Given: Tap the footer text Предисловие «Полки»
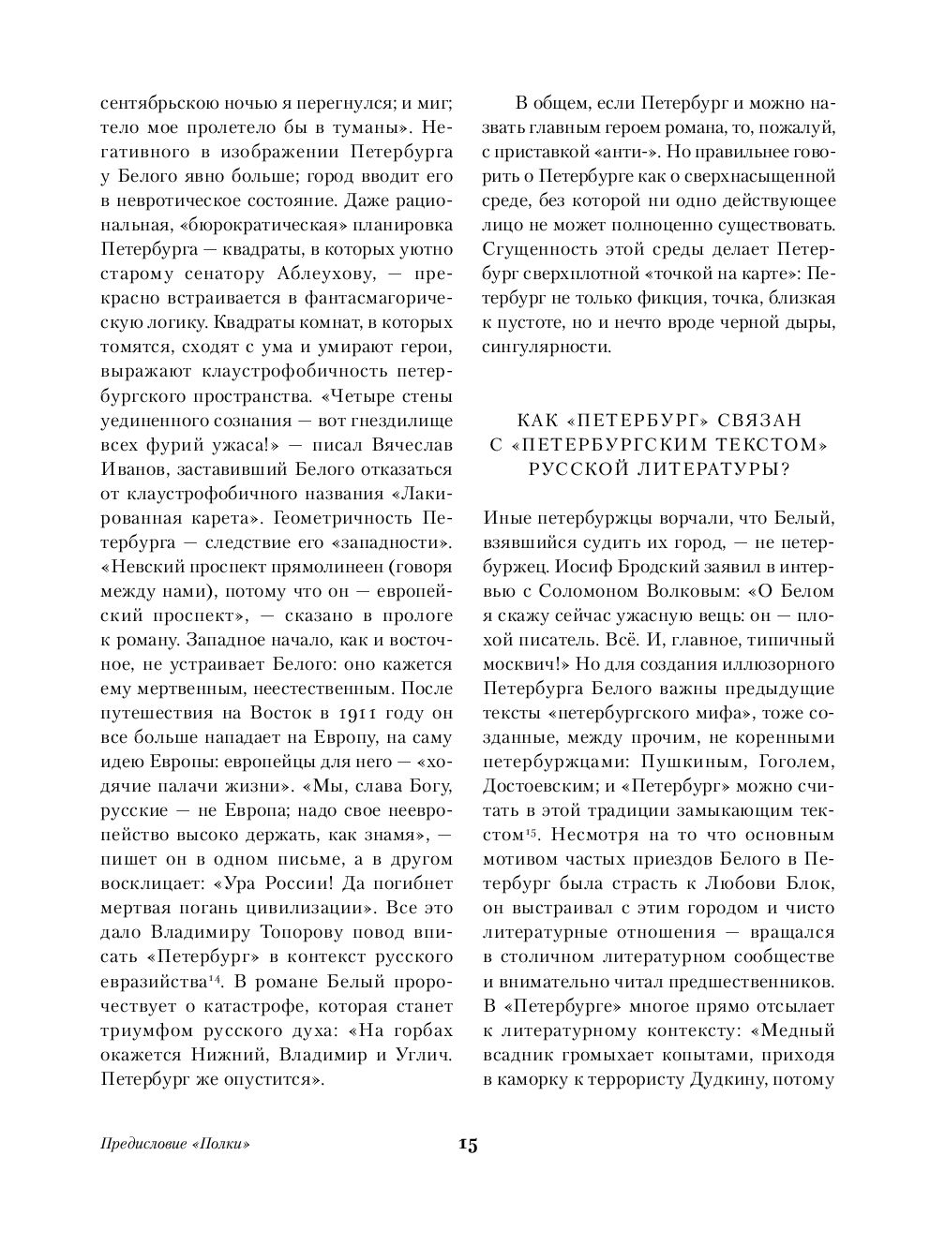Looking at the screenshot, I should [178, 1144].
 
